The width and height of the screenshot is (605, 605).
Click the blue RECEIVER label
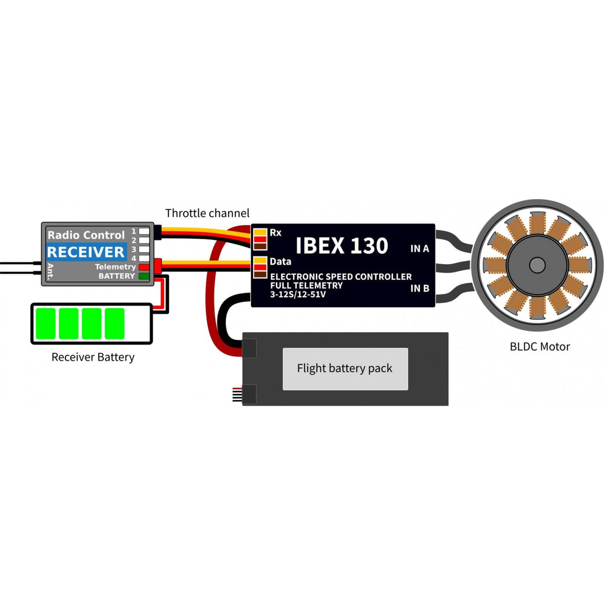coord(86,252)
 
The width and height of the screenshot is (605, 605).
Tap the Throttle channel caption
coord(207,213)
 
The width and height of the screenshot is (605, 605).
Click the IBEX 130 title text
coord(342,246)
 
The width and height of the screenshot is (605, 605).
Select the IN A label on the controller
coord(419,249)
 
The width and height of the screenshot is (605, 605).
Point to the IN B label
coord(419,288)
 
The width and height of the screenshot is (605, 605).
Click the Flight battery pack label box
coord(345,369)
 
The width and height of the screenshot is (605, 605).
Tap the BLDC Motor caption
coord(540,346)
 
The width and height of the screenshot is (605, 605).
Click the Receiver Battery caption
coord(93,357)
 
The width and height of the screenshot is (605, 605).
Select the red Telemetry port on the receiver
coord(144,267)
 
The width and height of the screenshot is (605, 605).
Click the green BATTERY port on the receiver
coord(144,276)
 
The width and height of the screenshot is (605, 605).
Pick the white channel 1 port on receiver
coord(144,231)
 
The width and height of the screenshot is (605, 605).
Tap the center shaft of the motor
coord(537,265)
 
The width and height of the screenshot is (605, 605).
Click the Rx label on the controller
coord(275,233)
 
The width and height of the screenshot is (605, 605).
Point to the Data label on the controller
coord(281,262)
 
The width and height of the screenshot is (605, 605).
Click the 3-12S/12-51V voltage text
coord(298,294)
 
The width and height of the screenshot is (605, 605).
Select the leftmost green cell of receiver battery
coord(45,323)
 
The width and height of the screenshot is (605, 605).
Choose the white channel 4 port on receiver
coord(144,258)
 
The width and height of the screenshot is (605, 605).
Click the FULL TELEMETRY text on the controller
coord(307,285)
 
